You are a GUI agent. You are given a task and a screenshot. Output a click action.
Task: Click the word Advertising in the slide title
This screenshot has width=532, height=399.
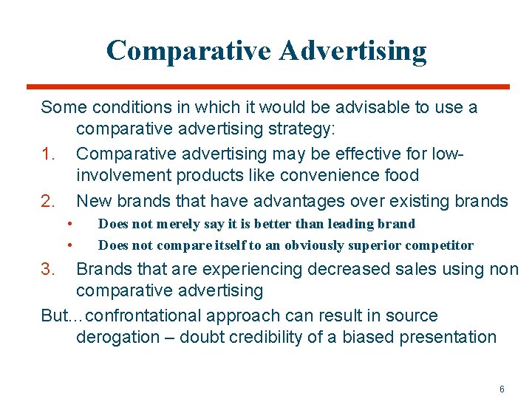[352, 50]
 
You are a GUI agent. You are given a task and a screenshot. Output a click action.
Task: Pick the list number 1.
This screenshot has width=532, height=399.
[48, 154]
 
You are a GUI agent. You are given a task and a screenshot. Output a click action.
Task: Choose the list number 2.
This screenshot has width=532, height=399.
[48, 201]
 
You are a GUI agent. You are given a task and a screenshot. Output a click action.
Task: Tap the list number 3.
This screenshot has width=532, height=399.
[48, 269]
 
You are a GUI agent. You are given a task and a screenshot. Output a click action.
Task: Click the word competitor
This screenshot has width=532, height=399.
[442, 245]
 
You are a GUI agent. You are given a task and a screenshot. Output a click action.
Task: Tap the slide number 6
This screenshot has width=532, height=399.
[502, 389]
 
